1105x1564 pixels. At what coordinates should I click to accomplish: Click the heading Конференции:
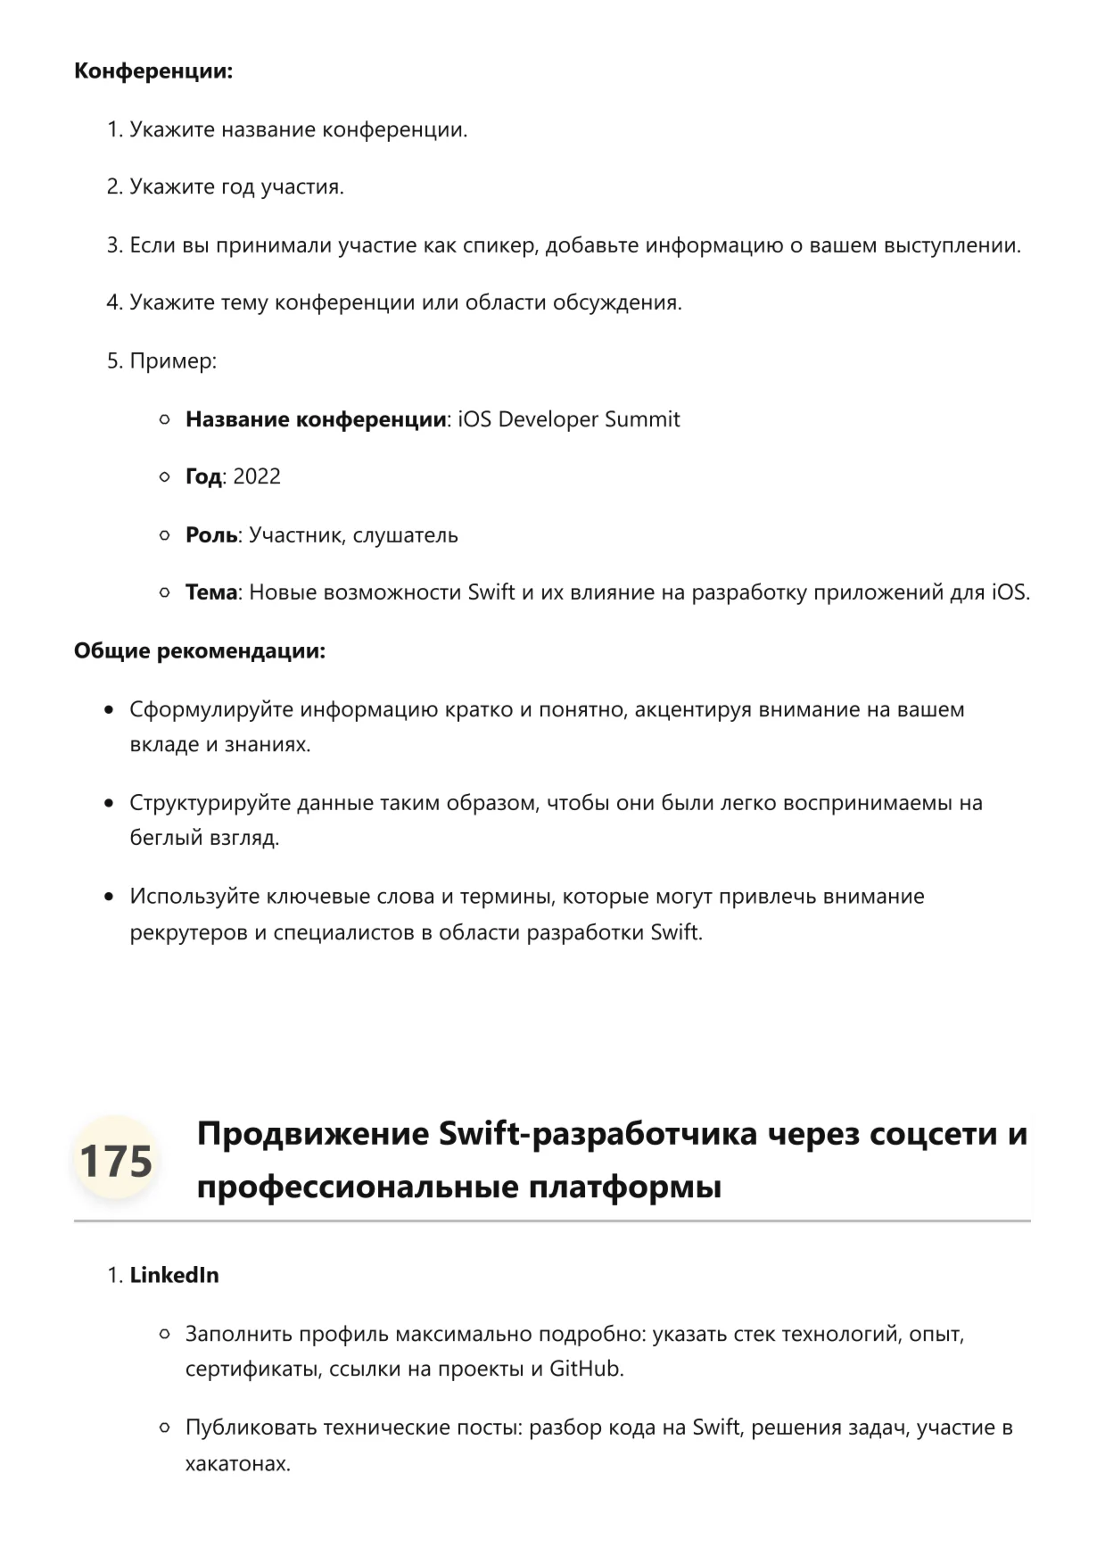[153, 71]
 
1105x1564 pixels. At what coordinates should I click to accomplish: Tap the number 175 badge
[116, 1161]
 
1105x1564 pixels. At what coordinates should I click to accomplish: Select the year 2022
[257, 476]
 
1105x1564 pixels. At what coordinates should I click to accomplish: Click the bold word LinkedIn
[174, 1275]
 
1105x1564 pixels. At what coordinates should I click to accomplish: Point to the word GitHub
[584, 1369]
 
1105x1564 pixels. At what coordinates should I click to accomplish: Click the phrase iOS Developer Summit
[569, 419]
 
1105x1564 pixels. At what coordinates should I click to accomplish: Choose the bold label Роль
[211, 535]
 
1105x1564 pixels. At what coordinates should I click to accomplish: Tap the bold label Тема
[211, 592]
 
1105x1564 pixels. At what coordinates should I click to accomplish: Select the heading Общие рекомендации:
[200, 651]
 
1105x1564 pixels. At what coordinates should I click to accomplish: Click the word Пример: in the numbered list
[173, 361]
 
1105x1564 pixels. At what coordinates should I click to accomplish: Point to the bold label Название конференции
[316, 419]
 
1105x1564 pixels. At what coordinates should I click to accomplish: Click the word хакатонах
[236, 1464]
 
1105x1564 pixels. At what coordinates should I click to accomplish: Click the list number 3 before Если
[113, 245]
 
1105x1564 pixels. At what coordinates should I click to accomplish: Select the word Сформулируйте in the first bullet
[211, 710]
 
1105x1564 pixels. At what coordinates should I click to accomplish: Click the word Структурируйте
[210, 803]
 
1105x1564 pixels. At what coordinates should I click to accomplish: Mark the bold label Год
[203, 476]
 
